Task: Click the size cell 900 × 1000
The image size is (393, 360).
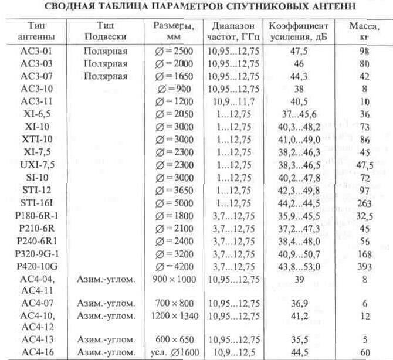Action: (174, 279)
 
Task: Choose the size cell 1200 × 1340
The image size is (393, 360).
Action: (174, 315)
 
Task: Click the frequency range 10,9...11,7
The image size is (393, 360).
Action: (230, 101)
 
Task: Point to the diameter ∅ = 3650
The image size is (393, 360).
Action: (174, 190)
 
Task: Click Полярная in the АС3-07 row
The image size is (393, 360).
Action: (106, 76)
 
